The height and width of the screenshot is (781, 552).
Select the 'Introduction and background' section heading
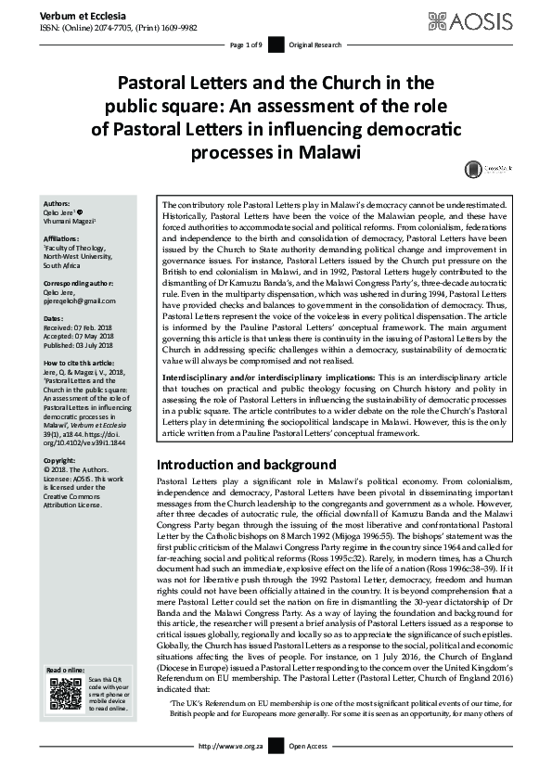246,464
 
